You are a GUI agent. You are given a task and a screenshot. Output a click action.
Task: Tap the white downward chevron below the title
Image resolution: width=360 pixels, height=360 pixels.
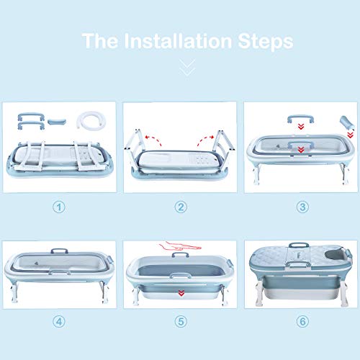[187, 68]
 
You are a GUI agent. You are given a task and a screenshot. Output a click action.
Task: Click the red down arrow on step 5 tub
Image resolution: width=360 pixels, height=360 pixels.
[181, 293]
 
